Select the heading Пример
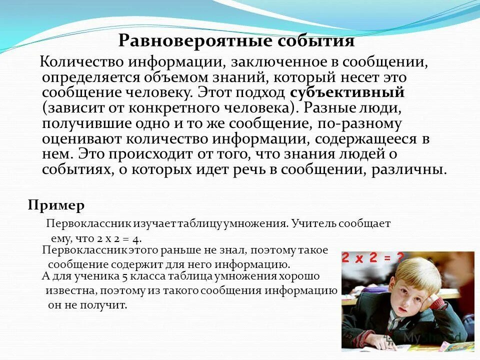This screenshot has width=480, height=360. pos(56,205)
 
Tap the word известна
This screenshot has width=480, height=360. pos(69,290)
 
